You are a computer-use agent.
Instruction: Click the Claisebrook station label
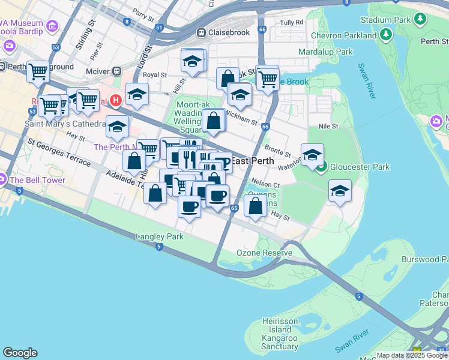pyautogui.click(x=229, y=32)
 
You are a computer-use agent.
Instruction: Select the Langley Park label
pyautogui.click(x=160, y=237)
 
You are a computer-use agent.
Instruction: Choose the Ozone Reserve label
pyautogui.click(x=264, y=253)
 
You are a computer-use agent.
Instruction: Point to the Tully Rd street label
pyautogui.click(x=291, y=23)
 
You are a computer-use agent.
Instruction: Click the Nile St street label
pyautogui.click(x=328, y=127)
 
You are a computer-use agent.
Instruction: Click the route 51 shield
pyautogui.click(x=158, y=28)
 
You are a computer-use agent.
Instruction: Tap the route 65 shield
pyautogui.click(x=234, y=208)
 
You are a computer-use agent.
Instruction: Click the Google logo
pyautogui.click(x=20, y=353)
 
